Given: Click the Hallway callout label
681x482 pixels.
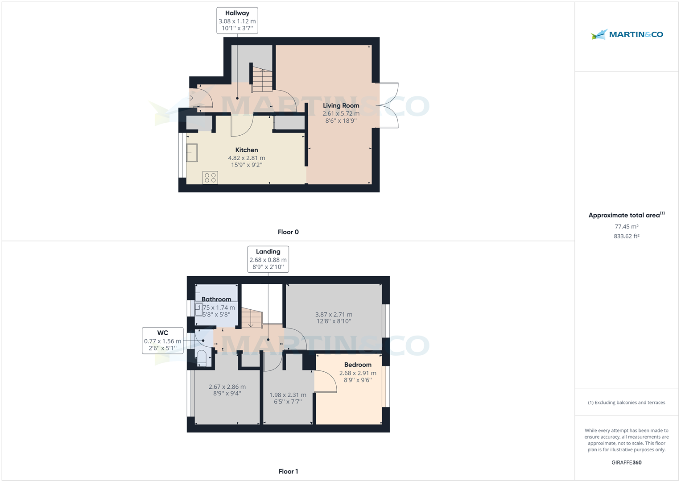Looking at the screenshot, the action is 237,21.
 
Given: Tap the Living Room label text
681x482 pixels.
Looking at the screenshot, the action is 341,106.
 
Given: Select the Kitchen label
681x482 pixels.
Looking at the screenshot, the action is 247,150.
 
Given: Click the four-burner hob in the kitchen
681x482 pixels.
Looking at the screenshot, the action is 210,178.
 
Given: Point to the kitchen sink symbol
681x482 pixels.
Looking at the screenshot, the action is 192,153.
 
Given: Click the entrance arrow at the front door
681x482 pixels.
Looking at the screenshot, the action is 190,98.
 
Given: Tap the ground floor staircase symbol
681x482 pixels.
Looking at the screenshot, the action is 262,80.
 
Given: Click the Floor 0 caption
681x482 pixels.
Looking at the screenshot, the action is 288,232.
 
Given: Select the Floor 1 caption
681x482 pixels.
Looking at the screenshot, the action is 288,471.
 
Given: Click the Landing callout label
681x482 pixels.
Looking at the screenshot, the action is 268,259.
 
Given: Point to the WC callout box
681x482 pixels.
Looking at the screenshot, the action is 163,341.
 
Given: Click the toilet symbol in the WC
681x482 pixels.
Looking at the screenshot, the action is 202,358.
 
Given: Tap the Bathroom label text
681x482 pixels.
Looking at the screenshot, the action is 216,299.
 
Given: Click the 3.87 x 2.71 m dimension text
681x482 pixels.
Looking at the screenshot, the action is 334,314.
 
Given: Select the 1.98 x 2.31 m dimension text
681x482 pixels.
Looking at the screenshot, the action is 288,395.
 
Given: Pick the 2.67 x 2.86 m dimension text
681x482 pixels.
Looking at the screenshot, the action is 227,387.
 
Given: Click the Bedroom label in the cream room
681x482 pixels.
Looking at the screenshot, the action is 358,365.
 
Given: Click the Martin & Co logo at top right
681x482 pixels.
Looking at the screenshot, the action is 627,34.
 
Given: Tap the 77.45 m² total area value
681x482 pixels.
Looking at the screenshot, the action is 627,227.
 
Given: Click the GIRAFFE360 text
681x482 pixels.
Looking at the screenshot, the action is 627,462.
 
